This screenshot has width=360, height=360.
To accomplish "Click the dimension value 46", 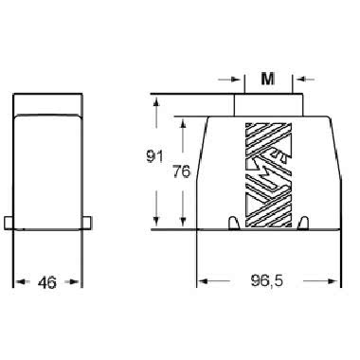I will click(x=47, y=281).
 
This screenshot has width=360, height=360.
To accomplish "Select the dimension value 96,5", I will click(x=268, y=281).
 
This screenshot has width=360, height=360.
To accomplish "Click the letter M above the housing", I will click(x=268, y=79).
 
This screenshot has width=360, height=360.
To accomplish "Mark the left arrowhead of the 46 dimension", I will click(x=18, y=281).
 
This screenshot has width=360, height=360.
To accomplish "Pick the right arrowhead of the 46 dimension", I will click(x=78, y=281).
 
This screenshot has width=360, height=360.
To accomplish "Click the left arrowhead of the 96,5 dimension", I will click(x=202, y=281).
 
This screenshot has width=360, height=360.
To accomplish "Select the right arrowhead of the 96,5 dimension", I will click(x=333, y=281).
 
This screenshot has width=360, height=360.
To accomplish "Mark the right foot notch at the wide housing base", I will click(x=303, y=223).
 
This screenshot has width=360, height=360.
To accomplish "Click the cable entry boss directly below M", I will click(x=269, y=104).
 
